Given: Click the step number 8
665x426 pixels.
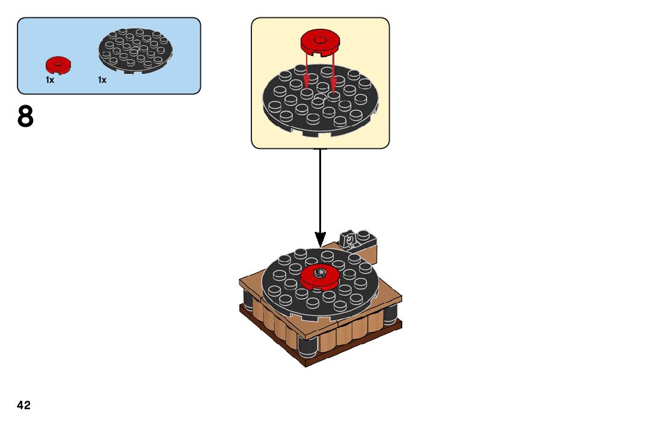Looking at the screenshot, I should pyautogui.click(x=25, y=117).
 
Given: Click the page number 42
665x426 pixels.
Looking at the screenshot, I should pyautogui.click(x=24, y=405).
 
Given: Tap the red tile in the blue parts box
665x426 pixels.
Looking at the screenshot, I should pyautogui.click(x=58, y=64).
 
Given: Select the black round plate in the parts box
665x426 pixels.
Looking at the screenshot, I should pyautogui.click(x=136, y=50).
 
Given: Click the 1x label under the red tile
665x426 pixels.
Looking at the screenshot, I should pyautogui.click(x=50, y=80).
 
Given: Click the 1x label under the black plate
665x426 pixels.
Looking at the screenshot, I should pyautogui.click(x=102, y=80).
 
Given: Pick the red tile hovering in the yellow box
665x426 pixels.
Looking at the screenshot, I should pyautogui.click(x=320, y=43).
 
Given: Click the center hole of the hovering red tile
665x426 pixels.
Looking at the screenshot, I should pyautogui.click(x=320, y=40).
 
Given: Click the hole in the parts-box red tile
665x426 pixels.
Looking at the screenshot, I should pyautogui.click(x=58, y=62).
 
